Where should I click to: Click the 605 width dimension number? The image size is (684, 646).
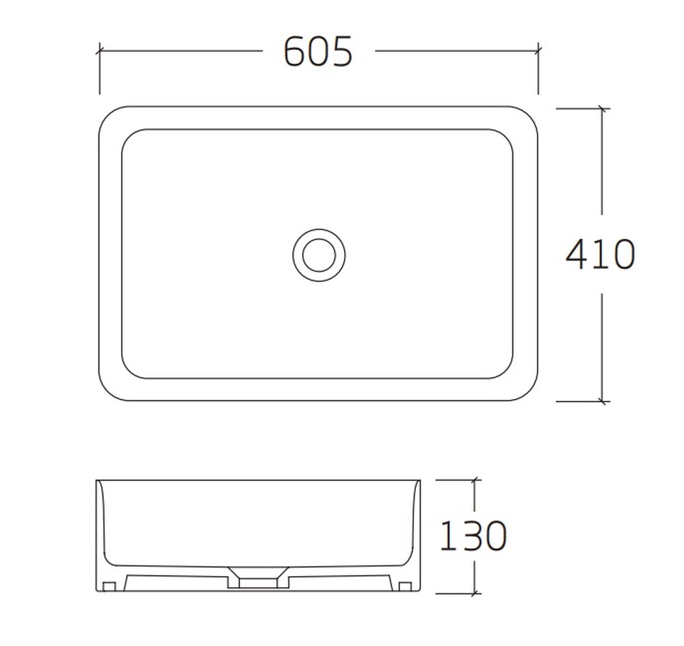click(x=317, y=51)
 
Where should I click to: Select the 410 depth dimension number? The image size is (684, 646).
click(x=600, y=254)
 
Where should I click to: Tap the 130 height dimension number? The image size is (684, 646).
click(x=473, y=535)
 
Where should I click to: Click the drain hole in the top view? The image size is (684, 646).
click(x=319, y=255)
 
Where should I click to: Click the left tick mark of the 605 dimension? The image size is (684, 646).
click(x=100, y=51)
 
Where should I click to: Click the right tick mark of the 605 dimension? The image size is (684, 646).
click(x=538, y=51)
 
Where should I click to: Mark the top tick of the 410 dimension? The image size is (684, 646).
click(x=603, y=108)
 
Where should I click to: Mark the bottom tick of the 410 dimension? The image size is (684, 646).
click(x=603, y=401)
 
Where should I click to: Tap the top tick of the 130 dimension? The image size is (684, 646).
click(x=475, y=480)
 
